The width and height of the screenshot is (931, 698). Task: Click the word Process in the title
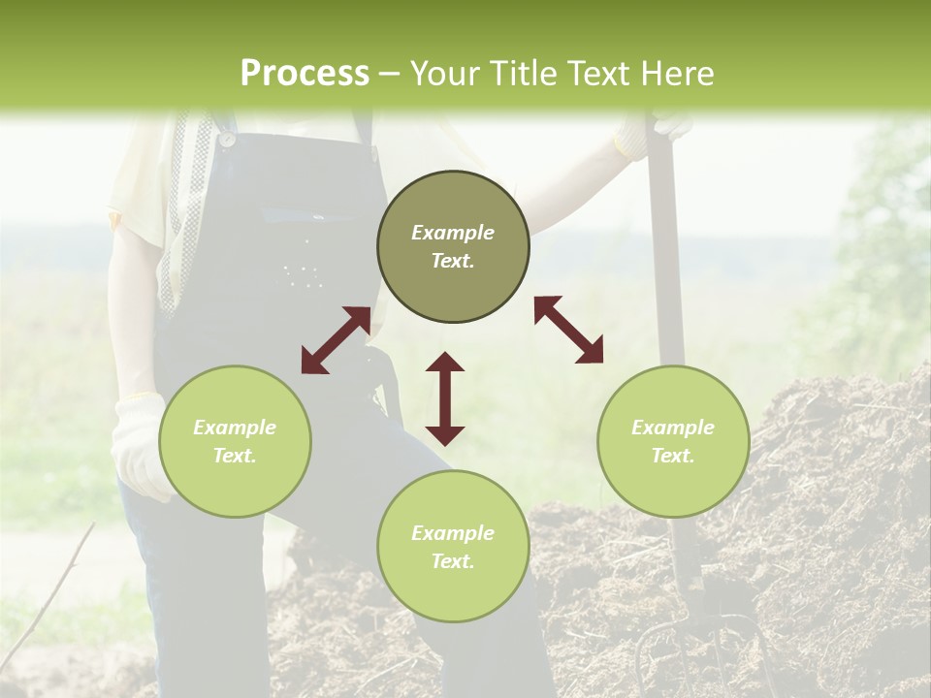point(305,74)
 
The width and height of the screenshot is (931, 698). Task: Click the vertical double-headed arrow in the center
point(445,398)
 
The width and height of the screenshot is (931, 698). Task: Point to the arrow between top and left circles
point(336,340)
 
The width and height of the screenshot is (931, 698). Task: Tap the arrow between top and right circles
point(568,330)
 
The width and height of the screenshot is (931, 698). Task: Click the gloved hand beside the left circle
point(136,446)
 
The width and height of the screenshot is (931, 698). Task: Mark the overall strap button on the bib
point(226,139)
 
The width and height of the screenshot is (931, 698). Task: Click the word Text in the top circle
point(453,261)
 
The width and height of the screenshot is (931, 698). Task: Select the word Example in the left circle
point(235,428)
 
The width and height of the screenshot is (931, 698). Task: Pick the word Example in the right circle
point(673,428)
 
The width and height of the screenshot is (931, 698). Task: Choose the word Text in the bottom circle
point(453,561)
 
